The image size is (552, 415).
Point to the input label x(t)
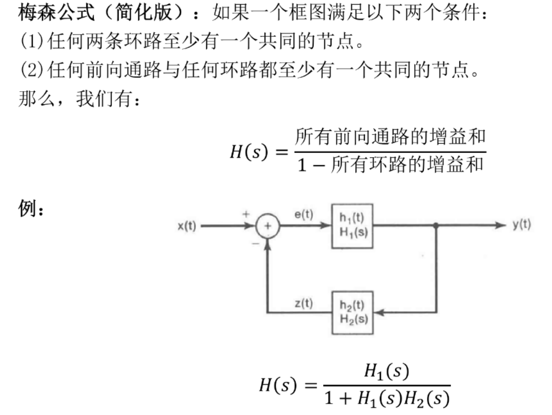(187, 225)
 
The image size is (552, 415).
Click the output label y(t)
(522, 224)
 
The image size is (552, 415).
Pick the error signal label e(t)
(303, 214)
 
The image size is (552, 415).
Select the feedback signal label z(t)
(304, 303)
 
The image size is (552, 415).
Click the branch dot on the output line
(436, 225)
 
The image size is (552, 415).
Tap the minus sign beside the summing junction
(256, 243)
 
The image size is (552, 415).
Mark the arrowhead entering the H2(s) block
(379, 312)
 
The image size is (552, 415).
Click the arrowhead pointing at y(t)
(501, 225)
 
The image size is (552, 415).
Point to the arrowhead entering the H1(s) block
(325, 225)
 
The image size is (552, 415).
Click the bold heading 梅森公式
(56, 12)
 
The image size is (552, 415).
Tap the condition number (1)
(32, 41)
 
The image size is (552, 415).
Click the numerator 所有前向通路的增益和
(390, 137)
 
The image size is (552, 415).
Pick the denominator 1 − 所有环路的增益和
(390, 164)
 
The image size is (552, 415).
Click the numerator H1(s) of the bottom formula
(386, 371)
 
